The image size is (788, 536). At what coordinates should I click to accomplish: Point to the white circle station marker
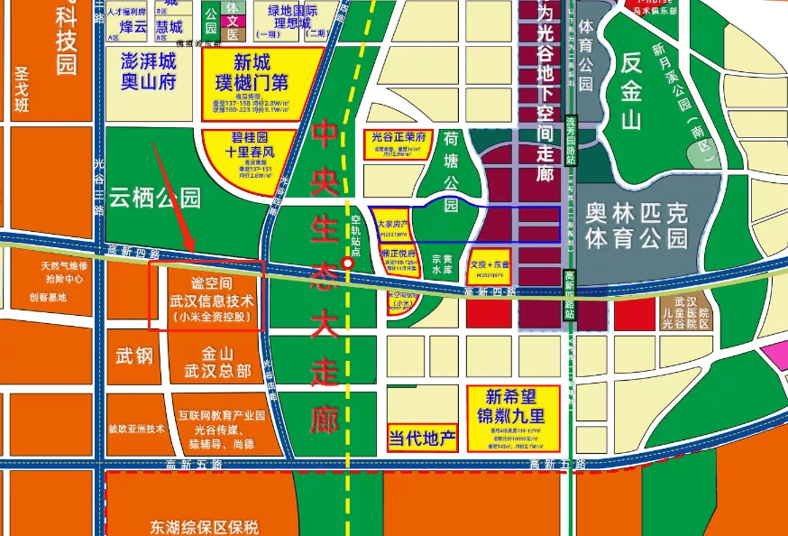coord(347,263)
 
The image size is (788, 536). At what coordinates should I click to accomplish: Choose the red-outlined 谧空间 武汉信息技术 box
coord(206,295)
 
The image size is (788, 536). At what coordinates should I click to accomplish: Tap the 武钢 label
coord(133,356)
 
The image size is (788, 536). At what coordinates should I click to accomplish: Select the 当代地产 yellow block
coord(422,439)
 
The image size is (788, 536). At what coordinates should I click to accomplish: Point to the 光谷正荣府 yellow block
coord(398,144)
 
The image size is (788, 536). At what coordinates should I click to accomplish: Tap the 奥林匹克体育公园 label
coord(636,226)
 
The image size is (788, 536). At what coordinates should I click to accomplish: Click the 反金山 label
coord(643,90)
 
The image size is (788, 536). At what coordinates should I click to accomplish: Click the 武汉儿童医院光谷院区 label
coord(684,311)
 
